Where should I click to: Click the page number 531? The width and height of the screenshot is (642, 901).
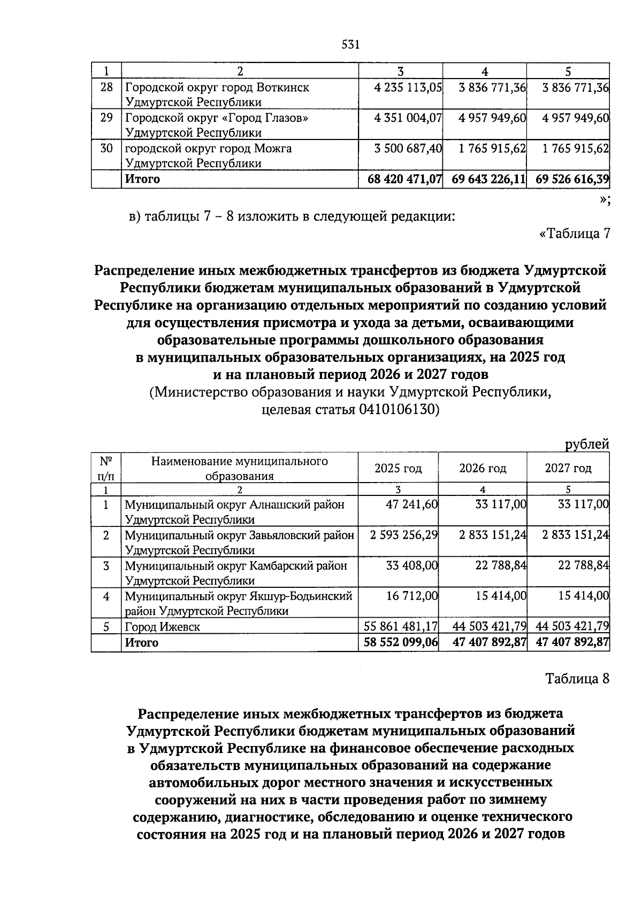[x=350, y=45]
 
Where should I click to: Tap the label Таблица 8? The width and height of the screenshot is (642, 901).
[x=577, y=679]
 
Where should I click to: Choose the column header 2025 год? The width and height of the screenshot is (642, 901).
[x=398, y=469]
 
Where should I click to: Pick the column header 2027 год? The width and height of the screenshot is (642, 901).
[x=568, y=469]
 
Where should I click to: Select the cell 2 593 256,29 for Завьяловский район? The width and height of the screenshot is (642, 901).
[x=404, y=535]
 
